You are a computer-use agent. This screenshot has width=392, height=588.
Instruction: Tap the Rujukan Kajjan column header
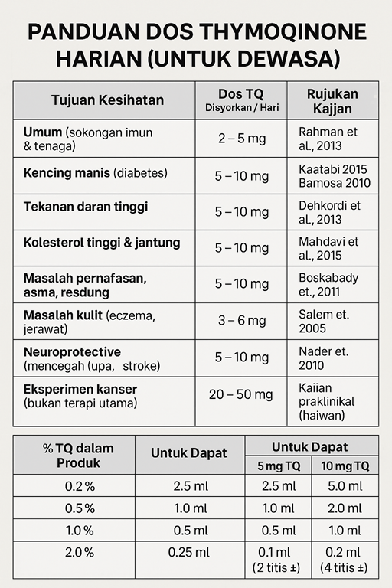click(332, 100)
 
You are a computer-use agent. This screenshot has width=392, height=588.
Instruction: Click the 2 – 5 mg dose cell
click(241, 139)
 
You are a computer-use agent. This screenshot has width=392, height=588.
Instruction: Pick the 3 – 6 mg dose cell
click(241, 321)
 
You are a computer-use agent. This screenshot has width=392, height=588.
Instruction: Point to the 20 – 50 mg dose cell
click(241, 394)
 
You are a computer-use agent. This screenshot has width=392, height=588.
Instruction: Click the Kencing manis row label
click(95, 173)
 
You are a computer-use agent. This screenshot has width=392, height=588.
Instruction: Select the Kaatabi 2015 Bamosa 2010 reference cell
click(334, 176)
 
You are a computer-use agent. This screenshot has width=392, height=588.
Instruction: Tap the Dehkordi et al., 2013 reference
click(329, 212)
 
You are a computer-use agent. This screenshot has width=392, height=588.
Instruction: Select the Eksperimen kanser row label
click(80, 396)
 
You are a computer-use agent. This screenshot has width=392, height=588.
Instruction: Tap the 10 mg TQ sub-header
click(345, 465)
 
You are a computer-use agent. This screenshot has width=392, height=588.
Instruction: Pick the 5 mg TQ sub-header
click(279, 465)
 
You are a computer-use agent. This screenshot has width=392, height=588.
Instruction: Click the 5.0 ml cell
click(345, 486)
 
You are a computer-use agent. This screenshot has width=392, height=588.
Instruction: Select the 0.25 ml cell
click(189, 552)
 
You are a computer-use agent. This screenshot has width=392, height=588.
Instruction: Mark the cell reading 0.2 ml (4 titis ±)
click(345, 559)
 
